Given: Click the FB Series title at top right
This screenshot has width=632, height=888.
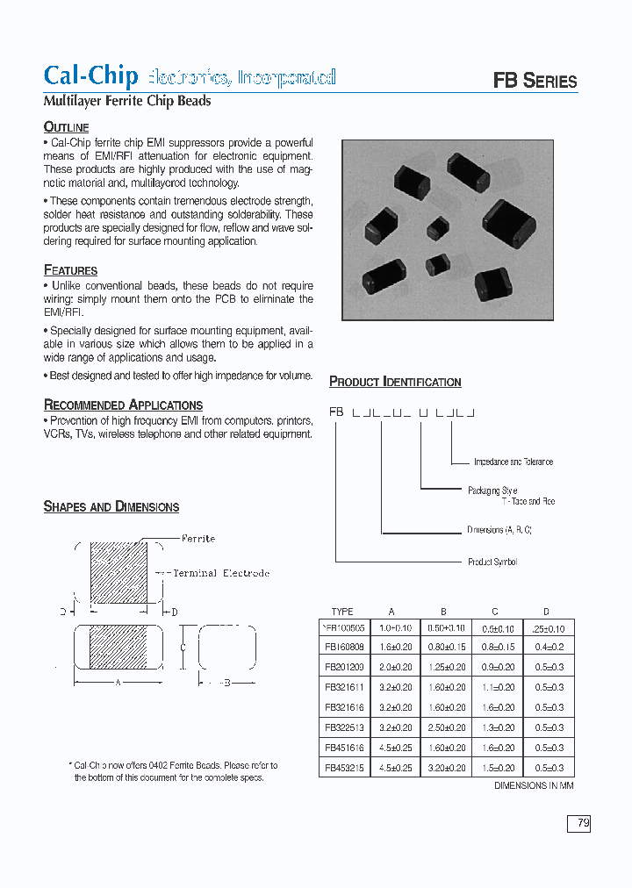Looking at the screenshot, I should tap(535, 82).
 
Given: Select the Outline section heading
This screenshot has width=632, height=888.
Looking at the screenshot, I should tap(66, 127).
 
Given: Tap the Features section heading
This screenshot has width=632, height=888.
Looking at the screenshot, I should tap(70, 270).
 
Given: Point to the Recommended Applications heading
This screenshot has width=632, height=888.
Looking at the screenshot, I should tap(123, 405).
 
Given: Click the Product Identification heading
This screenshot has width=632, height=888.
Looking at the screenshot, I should tap(395, 382).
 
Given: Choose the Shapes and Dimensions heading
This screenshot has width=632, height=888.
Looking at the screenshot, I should tap(111, 507).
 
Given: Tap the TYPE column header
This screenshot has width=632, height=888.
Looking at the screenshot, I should tap(342, 612).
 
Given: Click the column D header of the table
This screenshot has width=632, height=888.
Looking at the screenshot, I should tap(546, 612).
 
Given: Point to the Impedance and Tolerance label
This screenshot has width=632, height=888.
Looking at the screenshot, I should tap(513, 462).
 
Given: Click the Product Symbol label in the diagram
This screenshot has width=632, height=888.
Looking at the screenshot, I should tap(492, 562).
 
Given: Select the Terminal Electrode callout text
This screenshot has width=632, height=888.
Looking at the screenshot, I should tap(220, 573).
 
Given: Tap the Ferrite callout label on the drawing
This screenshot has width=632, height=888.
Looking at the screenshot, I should tap(198, 538).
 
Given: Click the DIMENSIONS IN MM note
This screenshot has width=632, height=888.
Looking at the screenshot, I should tap(534, 786).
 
